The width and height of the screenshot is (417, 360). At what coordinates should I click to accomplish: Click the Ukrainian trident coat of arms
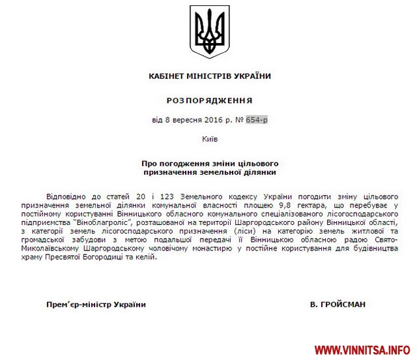(x=208, y=31)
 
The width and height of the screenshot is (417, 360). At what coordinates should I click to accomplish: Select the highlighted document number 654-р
(x=257, y=120)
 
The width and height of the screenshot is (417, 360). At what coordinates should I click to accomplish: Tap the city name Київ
(x=208, y=139)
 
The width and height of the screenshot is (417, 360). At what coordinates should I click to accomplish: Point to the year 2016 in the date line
(x=204, y=120)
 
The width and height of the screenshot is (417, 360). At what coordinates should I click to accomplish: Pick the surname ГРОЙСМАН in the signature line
(x=343, y=304)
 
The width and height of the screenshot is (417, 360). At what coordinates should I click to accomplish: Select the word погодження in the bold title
(x=180, y=162)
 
